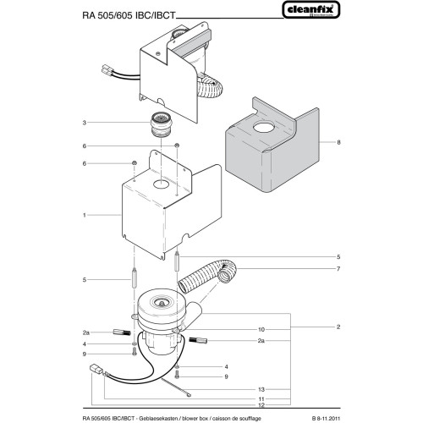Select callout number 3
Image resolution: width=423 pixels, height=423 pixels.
tap(108, 123)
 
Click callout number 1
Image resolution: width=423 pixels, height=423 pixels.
tap(108, 216)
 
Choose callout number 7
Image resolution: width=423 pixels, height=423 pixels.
tap(338, 269)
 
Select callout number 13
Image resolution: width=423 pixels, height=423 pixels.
tap(261, 388)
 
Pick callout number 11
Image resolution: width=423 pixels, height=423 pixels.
tap(261, 398)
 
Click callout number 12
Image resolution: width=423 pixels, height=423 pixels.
tap(261, 405)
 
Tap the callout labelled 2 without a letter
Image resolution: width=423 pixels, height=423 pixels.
tap(338, 327)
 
